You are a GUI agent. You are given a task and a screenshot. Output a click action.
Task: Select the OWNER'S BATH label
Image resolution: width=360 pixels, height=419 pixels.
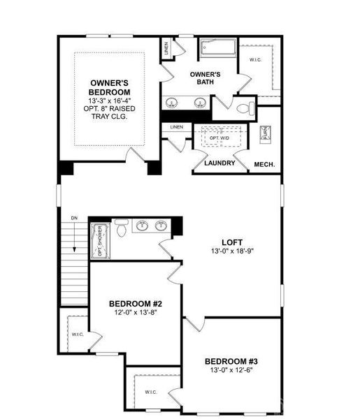(x=205, y=78)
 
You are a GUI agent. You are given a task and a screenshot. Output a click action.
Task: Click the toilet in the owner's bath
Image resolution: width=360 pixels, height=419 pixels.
(x=244, y=108)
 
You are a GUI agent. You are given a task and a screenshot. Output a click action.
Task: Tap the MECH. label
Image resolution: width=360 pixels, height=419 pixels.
(x=264, y=165)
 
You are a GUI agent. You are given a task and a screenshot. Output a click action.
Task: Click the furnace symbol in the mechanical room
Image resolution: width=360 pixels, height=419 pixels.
(x=265, y=135)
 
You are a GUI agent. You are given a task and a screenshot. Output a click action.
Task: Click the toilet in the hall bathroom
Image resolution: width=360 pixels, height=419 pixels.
(x=121, y=228)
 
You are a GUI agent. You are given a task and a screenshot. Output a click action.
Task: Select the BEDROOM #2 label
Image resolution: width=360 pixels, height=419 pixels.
(x=136, y=304)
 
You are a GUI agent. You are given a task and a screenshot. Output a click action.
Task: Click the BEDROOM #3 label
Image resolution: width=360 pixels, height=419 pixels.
(x=231, y=361)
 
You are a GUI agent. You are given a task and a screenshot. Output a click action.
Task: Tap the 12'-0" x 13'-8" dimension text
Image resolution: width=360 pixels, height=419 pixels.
(x=136, y=314)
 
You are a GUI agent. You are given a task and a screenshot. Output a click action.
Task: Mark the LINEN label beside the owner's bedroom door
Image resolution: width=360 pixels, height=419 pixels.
(x=176, y=126)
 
